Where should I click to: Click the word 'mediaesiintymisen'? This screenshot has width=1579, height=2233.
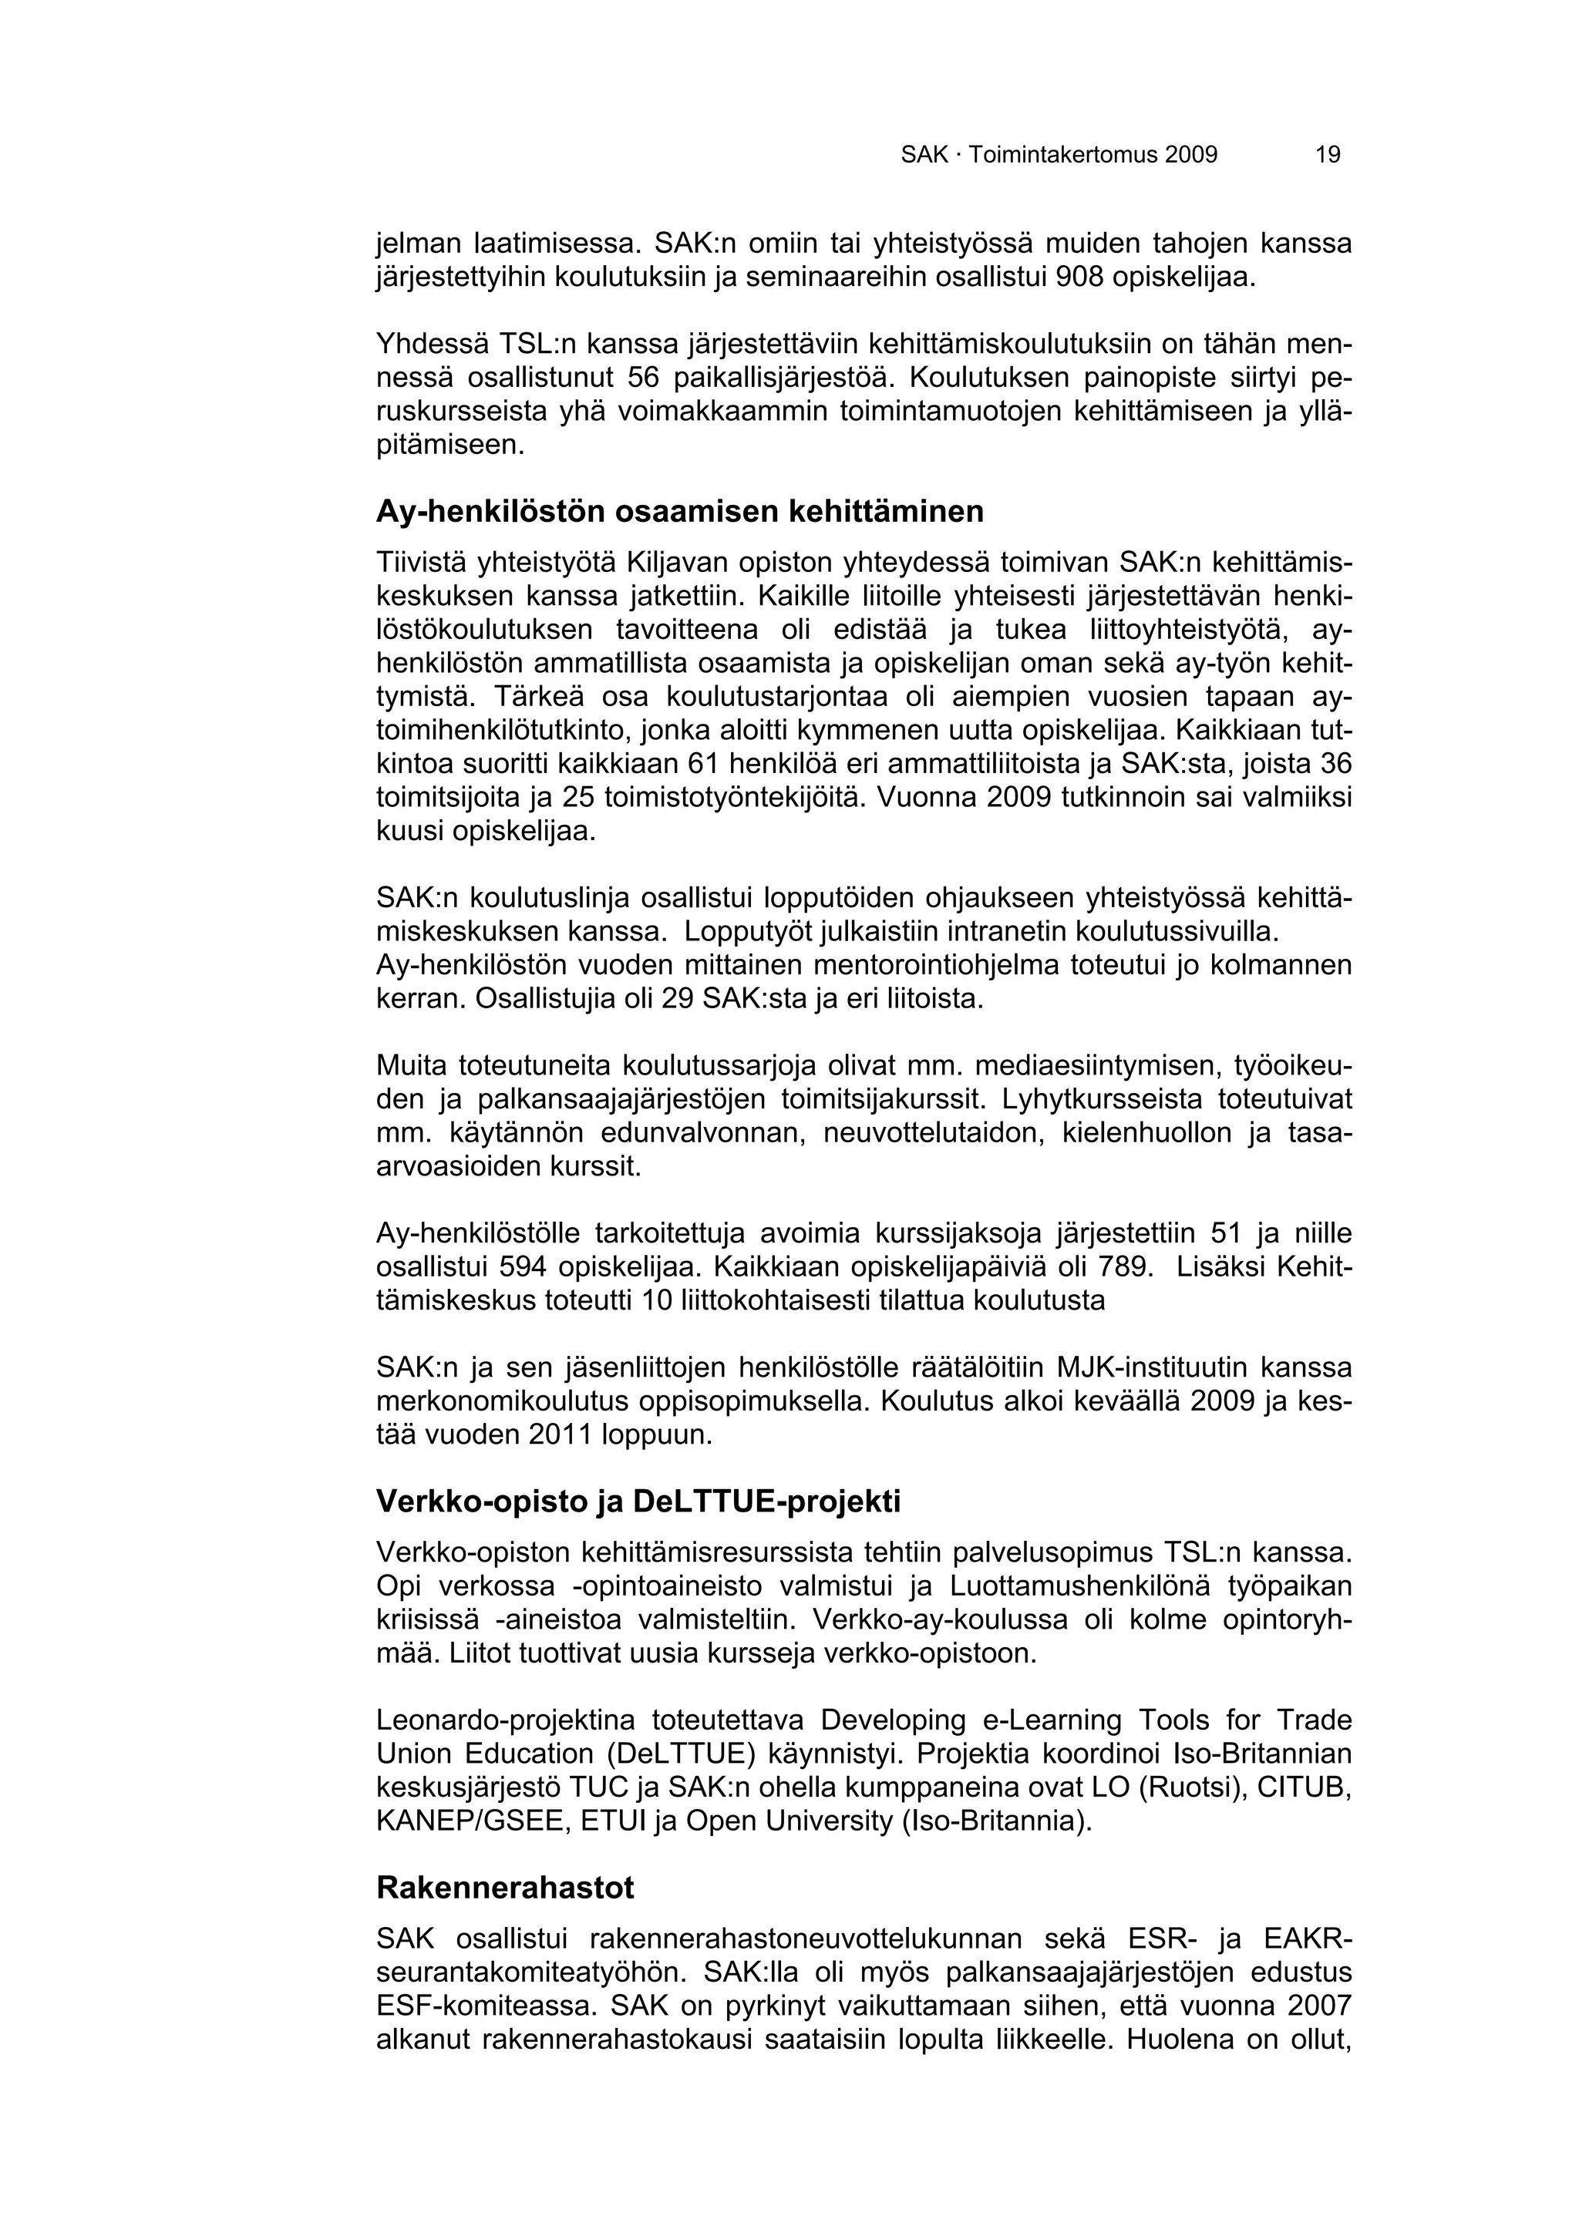tap(1089, 1066)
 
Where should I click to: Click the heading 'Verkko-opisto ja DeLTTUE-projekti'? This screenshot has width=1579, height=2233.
tap(638, 1502)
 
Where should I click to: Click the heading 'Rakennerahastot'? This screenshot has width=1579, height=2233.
tap(505, 1888)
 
